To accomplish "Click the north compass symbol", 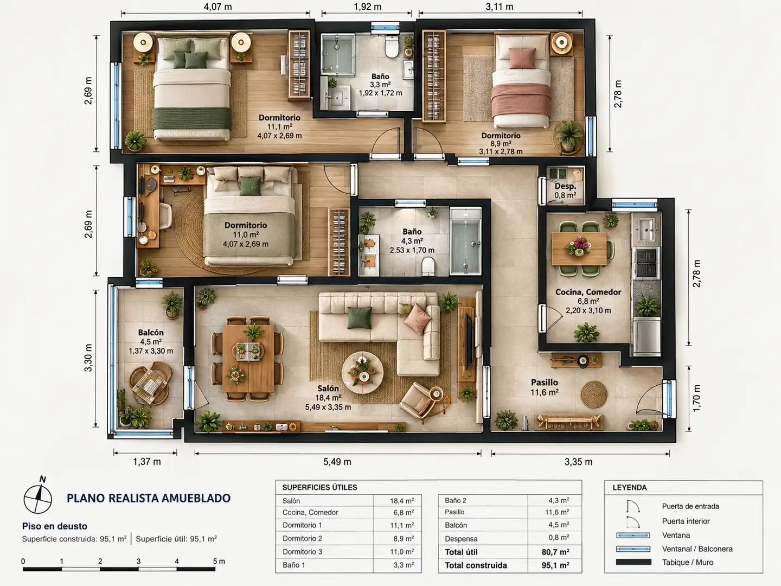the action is [x=38, y=497].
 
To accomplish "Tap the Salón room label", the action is [x=328, y=388].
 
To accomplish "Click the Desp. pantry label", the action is [x=565, y=186].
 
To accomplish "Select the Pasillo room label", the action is [x=545, y=383].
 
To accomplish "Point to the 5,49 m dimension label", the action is [x=337, y=462].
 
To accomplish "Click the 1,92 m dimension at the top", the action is [x=368, y=7].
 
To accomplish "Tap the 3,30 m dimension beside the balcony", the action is [x=88, y=358].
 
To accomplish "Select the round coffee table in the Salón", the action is [x=362, y=372].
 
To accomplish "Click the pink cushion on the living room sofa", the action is [x=417, y=319].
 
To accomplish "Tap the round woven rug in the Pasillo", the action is [x=594, y=394].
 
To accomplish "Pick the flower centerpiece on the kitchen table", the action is [x=579, y=246].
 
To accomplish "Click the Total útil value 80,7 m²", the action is [x=555, y=552].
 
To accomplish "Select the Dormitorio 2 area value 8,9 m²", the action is [x=404, y=538].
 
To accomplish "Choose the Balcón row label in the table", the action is [x=456, y=525].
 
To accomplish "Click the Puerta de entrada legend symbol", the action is [x=633, y=506].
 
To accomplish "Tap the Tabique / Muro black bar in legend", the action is [x=633, y=563].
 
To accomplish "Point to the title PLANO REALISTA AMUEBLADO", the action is [x=149, y=498].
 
